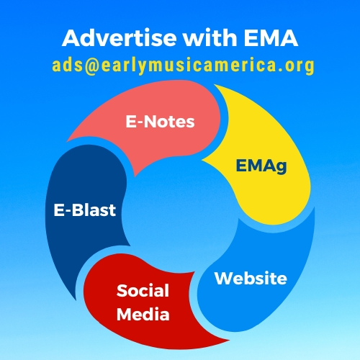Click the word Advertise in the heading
pos(120,37)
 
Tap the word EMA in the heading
pos(271,37)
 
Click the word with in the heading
pos(210,37)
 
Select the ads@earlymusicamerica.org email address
pos(183,66)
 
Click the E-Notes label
pos(160,122)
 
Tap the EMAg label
pos(261,166)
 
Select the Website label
pos(251,279)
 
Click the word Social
pos(143,291)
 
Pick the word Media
pos(143,315)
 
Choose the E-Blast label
pos(85,210)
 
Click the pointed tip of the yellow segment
pos(202,159)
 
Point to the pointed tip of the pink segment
pos(67,141)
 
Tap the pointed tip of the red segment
pos(229,340)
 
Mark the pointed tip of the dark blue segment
pos(76,300)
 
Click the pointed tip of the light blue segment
pos(314,207)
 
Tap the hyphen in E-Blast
pos(68,212)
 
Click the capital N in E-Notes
pos(150,122)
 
